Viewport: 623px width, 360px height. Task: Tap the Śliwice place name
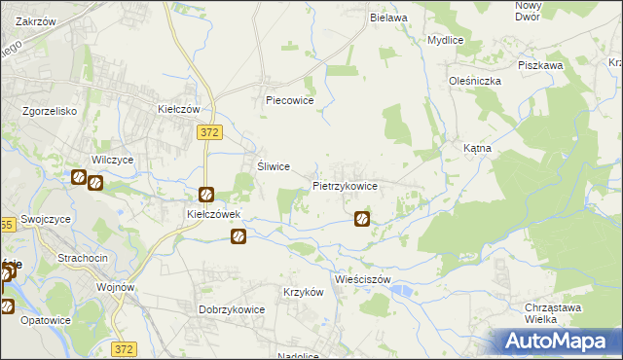[274, 166]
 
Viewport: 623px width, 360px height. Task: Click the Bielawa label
[387, 18]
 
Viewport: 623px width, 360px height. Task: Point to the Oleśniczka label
[474, 82]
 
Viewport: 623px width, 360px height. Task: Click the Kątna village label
[477, 148]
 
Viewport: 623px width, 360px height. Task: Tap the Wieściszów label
[361, 278]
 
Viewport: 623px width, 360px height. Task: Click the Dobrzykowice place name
[232, 309]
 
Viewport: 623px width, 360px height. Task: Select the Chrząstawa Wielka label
[553, 313]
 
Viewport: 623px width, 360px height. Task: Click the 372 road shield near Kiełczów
[207, 131]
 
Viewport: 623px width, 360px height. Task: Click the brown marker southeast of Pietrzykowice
[362, 220]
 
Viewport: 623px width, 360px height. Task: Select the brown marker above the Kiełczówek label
[206, 195]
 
